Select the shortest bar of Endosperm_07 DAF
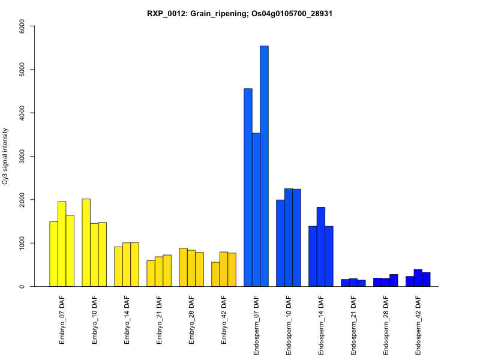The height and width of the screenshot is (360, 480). point(256,210)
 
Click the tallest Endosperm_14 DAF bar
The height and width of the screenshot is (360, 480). point(321,247)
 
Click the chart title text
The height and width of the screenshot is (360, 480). point(239,13)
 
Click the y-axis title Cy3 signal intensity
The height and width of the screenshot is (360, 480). point(6,156)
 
